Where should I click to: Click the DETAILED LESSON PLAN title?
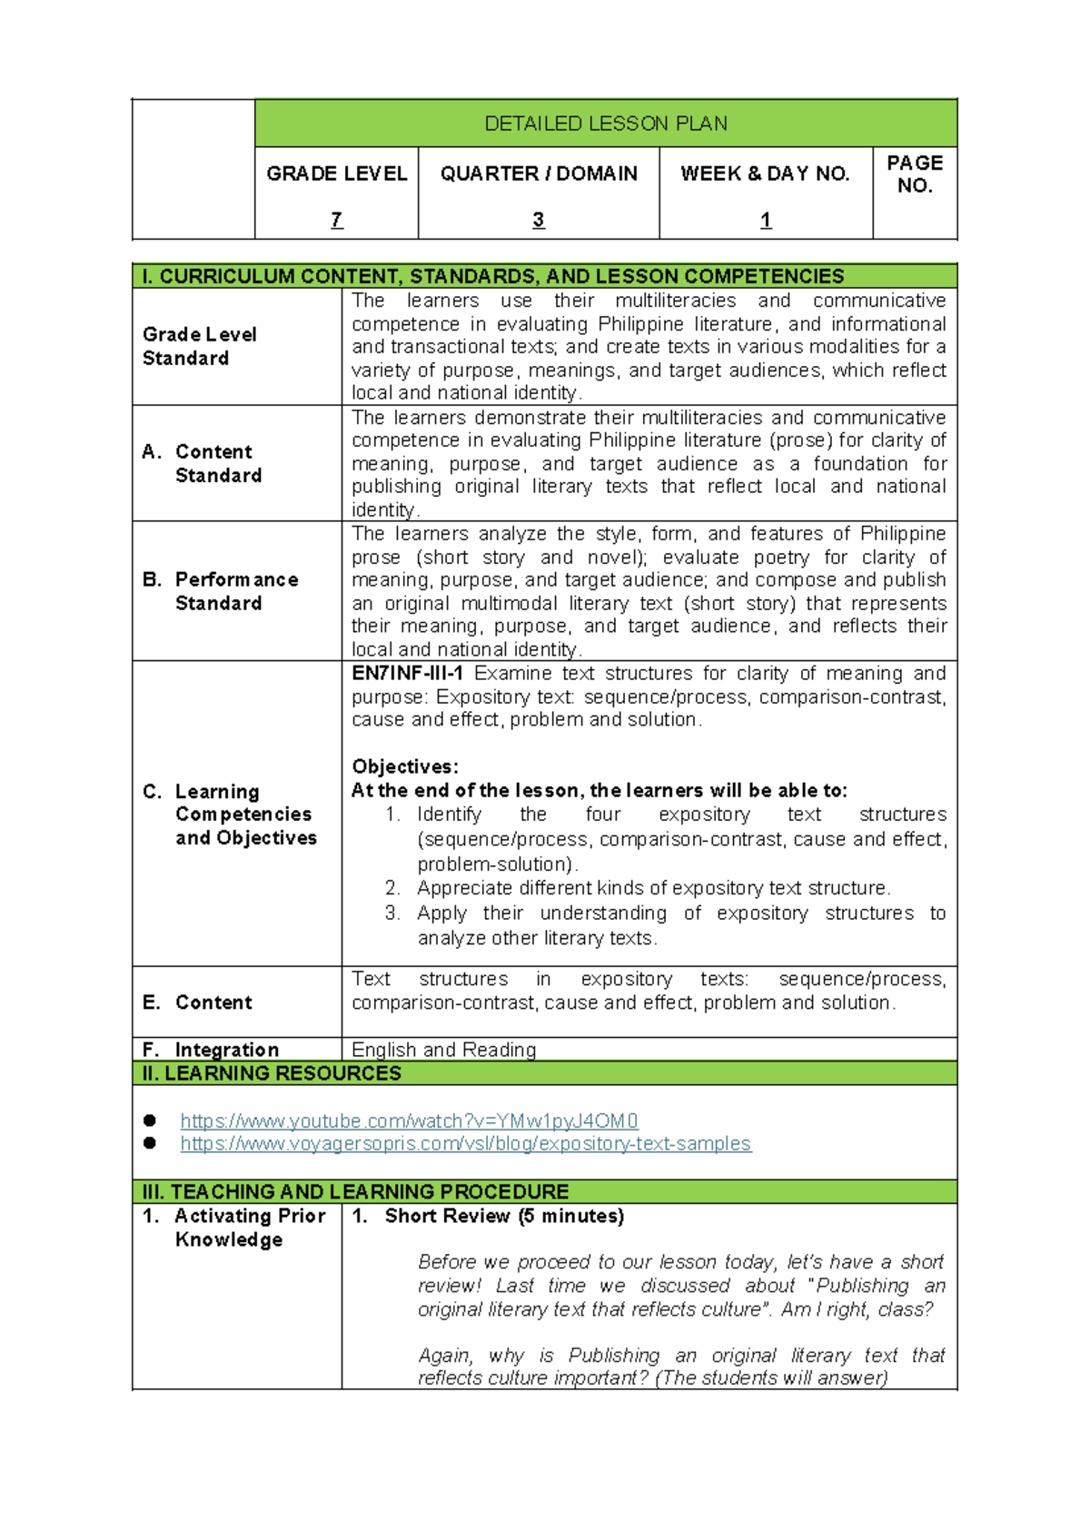[x=606, y=123]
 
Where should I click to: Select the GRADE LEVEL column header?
[x=336, y=173]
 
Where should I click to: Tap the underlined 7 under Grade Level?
[x=336, y=220]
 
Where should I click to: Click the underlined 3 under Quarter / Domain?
[x=538, y=220]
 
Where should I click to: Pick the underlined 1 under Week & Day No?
[x=766, y=220]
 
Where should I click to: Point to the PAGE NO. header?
[x=915, y=173]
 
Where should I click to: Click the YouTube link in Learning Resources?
[x=409, y=1121]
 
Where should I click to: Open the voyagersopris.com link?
[x=465, y=1144]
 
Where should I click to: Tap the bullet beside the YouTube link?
[x=150, y=1120]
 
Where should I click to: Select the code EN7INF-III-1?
[x=408, y=674]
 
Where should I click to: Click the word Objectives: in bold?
[x=405, y=766]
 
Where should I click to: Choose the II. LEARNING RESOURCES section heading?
[x=272, y=1073]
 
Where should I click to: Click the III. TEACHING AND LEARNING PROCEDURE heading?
[x=355, y=1191]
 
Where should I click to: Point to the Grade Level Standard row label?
[x=200, y=346]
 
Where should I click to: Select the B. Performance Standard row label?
[x=221, y=591]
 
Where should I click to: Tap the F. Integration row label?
[x=212, y=1050]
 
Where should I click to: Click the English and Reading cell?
[x=443, y=1050]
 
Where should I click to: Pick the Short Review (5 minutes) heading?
[x=503, y=1216]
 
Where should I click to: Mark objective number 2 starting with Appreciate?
[x=653, y=888]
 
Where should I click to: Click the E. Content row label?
[x=198, y=1002]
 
